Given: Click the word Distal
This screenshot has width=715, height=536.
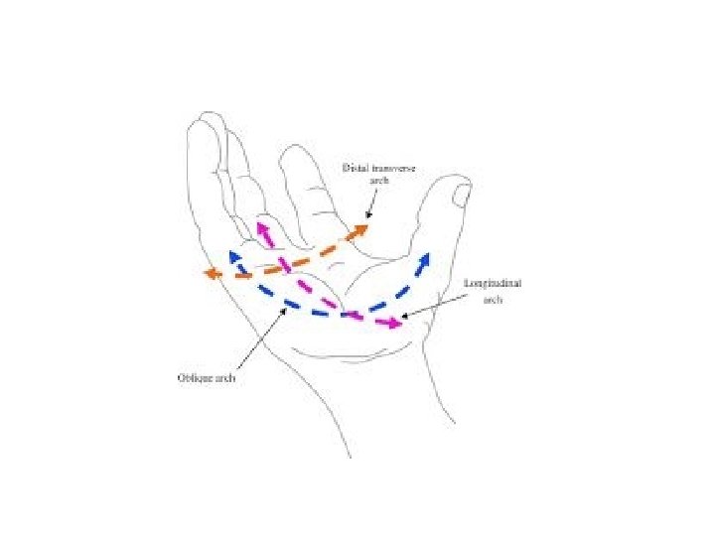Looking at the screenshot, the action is point(355,169).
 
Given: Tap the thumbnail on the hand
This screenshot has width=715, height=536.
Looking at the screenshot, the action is point(461,195).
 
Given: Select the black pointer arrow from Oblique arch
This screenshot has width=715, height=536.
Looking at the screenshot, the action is point(284,311).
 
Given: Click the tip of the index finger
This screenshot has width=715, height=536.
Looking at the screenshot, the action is point(298,151).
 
